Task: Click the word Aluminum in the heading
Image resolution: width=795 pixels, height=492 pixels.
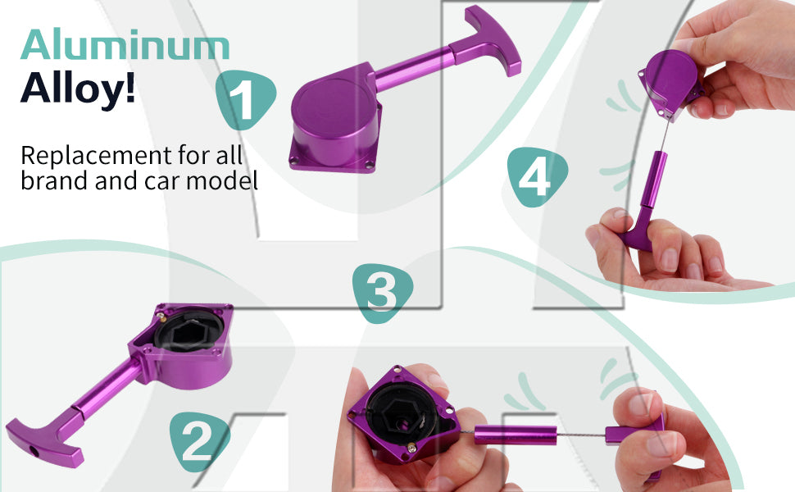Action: tap(125, 44)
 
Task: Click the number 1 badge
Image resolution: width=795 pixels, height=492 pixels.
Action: tap(244, 100)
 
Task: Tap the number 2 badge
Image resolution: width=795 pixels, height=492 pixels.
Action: tap(198, 441)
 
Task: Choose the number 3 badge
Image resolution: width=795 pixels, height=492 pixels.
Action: tap(382, 294)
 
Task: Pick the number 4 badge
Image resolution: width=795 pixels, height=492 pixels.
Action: tap(537, 177)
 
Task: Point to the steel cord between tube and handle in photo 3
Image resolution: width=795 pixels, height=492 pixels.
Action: tap(581, 435)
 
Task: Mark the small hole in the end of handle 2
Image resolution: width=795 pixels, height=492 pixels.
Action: tap(34, 450)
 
